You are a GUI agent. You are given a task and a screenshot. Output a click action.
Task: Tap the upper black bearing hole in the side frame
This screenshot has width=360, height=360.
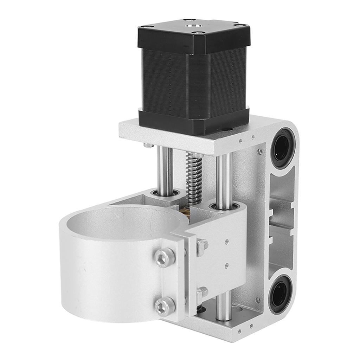tap(281, 146)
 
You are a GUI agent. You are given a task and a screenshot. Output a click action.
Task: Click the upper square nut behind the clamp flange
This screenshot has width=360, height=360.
tap(202, 245)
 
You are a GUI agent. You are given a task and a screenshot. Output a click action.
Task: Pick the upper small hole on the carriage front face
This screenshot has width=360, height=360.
tap(227, 242)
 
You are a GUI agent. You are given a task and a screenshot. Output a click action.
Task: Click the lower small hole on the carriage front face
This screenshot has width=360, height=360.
tap(226, 265)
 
